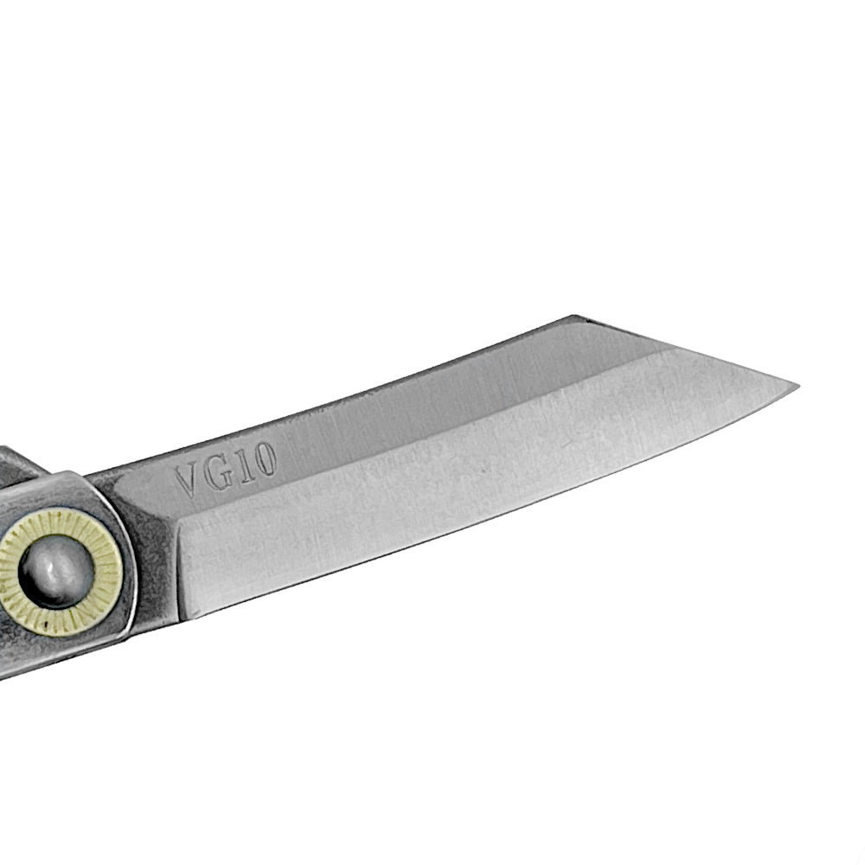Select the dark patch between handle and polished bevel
(x=156, y=554)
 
